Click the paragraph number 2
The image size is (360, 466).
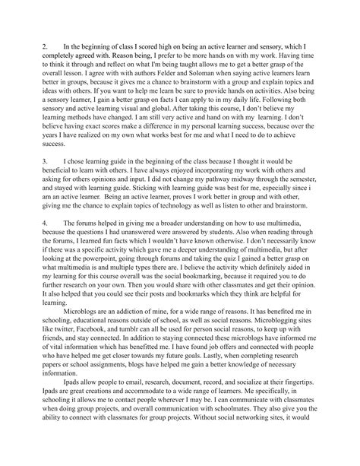pos(45,48)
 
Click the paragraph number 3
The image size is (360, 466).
pos(45,183)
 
